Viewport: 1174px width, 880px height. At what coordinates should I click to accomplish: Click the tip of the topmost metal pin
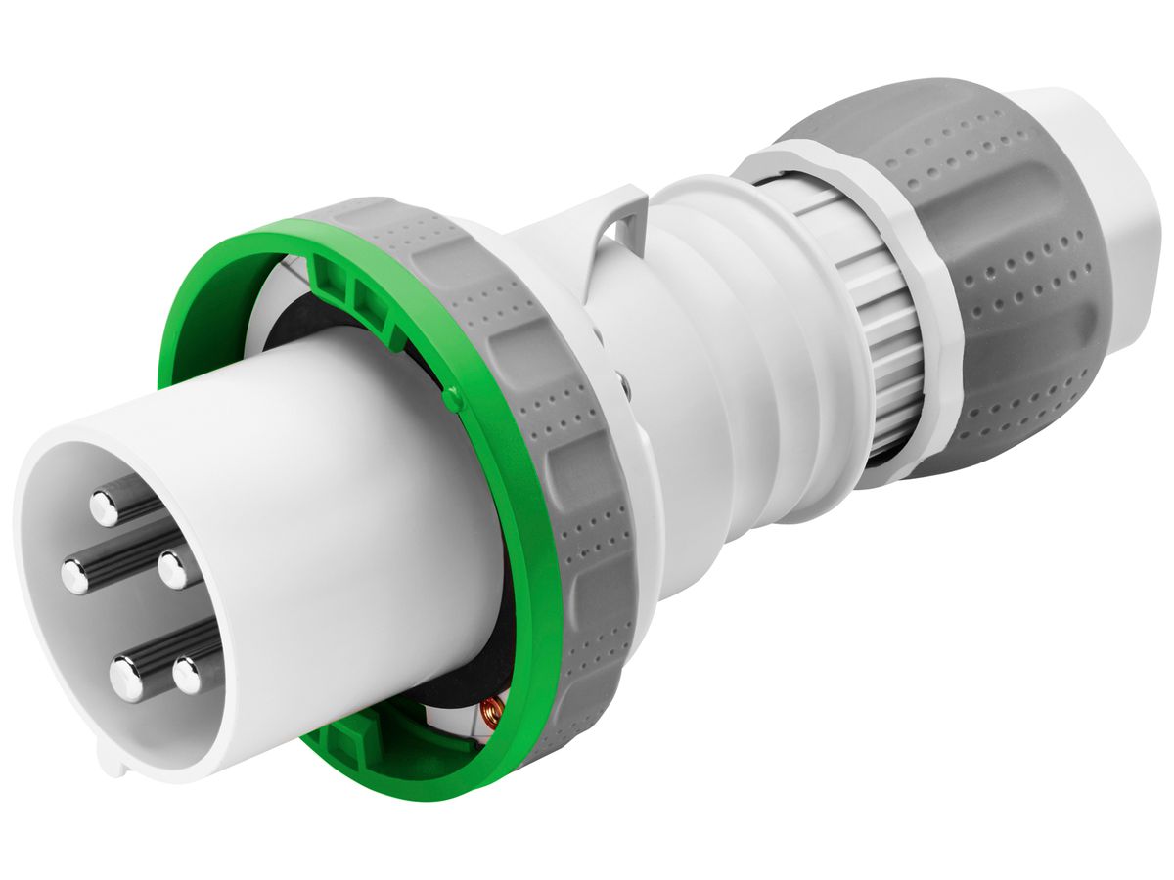tap(104, 506)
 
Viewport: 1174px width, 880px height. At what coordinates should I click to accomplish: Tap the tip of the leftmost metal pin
tap(75, 576)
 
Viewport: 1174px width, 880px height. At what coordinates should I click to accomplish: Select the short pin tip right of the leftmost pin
tap(173, 568)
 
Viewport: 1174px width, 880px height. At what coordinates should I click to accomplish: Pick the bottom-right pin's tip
tap(188, 676)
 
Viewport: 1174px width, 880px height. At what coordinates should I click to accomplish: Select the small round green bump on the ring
tap(451, 399)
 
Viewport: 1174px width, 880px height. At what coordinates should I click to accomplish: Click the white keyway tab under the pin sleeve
tap(113, 762)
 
